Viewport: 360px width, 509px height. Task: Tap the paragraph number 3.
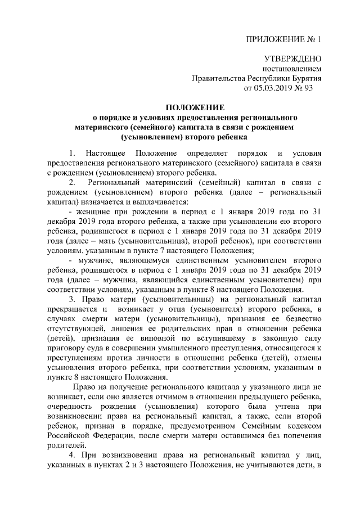click(71, 298)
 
